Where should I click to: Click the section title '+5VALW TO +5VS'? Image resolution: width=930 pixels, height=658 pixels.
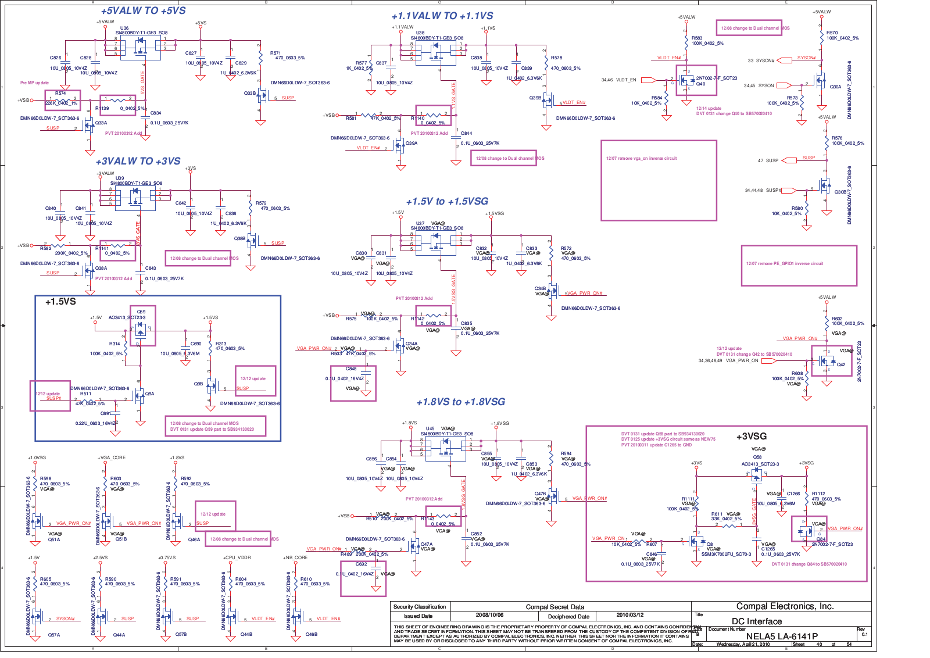click(143, 11)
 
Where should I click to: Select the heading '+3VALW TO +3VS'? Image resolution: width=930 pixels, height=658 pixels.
click(138, 161)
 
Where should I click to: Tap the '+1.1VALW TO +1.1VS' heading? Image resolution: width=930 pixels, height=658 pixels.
click(442, 16)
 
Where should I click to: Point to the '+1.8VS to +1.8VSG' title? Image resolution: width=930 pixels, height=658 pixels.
click(460, 402)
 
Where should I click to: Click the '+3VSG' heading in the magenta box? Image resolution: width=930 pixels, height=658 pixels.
click(751, 437)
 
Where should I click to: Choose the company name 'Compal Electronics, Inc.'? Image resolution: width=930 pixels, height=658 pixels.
click(785, 606)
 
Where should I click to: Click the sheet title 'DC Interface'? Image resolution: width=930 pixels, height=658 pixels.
click(756, 621)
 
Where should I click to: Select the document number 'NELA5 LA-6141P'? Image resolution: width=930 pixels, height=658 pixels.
click(781, 636)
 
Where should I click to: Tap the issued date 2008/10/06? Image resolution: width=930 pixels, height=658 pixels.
click(489, 615)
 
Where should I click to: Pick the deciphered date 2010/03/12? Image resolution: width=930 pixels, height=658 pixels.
click(629, 615)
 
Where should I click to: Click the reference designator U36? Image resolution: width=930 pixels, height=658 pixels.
click(124, 28)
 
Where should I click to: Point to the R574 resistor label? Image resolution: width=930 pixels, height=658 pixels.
click(60, 93)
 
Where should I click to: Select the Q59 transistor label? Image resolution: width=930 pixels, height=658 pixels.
click(141, 312)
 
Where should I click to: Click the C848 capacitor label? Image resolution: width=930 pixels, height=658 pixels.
click(351, 369)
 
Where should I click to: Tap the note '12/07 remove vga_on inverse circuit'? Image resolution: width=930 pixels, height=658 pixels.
click(641, 158)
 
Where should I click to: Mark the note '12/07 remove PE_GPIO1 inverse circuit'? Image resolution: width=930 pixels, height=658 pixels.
click(784, 263)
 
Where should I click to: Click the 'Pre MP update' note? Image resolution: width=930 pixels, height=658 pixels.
click(34, 83)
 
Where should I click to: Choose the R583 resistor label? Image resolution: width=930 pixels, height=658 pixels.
click(697, 38)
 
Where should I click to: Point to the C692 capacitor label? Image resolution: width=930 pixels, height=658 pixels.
click(361, 564)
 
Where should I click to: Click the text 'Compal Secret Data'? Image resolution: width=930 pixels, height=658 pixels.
click(555, 607)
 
